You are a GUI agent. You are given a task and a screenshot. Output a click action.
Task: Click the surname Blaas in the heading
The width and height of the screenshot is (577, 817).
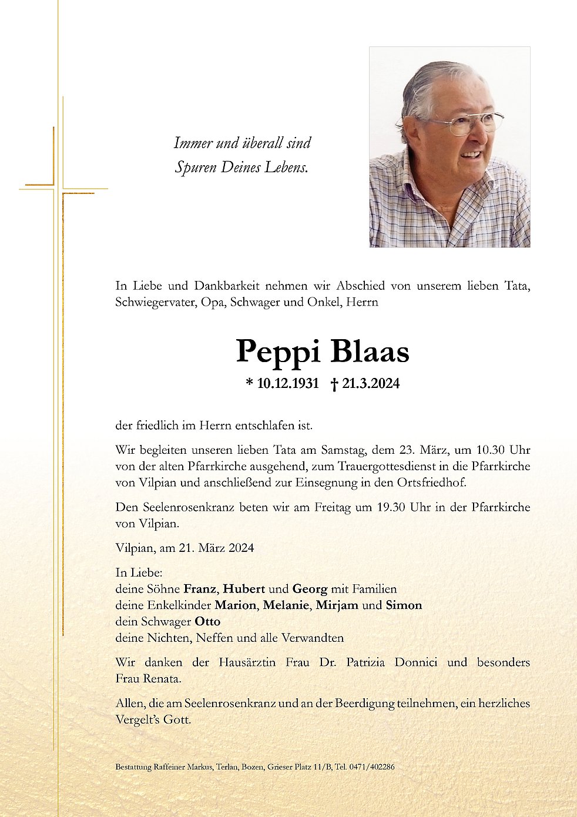coord(370,351)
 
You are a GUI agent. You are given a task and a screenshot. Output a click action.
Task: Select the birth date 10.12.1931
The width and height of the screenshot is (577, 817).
coord(288,384)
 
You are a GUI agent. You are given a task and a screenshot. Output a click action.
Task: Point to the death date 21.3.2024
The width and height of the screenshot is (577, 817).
coord(371,384)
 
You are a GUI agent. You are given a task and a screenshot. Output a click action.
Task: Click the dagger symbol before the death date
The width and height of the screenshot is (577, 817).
coord(334,384)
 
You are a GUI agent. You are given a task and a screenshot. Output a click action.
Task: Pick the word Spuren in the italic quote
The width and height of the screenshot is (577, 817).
coord(196,168)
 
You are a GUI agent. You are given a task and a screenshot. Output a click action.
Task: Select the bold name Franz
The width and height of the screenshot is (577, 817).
coord(200,588)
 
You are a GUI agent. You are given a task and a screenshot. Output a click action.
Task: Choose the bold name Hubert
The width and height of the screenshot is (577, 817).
coord(244,588)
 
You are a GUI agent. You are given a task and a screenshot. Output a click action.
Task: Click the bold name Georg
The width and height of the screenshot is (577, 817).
coord(310,589)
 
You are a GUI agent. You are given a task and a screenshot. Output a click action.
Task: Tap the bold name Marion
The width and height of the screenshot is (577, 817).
coord(235,605)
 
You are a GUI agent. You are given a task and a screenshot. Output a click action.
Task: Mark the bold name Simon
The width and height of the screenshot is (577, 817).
coord(404,605)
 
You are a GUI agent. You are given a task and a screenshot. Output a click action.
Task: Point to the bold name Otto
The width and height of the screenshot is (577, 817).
coord(207,621)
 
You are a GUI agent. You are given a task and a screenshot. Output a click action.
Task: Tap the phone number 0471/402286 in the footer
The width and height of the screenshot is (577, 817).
coord(372,767)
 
